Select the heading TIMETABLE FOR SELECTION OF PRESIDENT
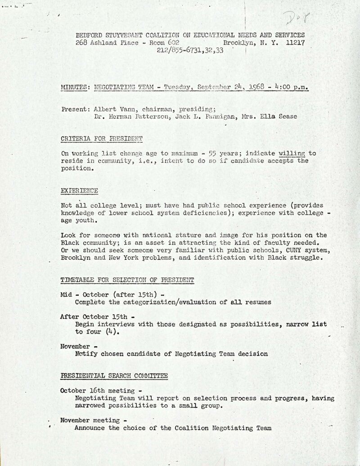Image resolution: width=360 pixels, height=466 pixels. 127,280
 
